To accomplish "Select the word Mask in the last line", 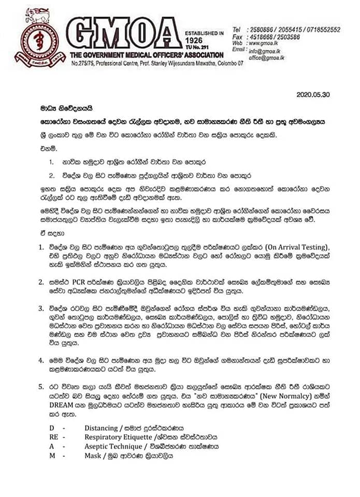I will [x=93, y=456].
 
